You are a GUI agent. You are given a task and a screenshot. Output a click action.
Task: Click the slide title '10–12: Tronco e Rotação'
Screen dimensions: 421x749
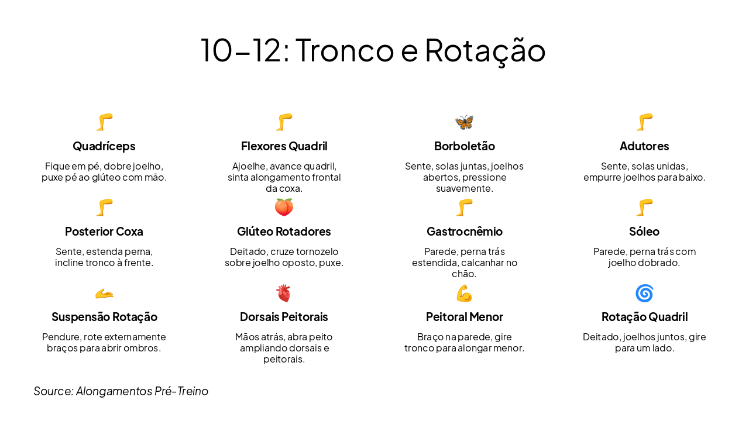(373, 50)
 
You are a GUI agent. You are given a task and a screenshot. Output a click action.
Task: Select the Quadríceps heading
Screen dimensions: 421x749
(104, 146)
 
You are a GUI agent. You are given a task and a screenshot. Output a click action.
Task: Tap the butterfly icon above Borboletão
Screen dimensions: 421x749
(464, 122)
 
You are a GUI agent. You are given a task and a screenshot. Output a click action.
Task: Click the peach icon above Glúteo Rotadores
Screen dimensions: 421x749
(284, 208)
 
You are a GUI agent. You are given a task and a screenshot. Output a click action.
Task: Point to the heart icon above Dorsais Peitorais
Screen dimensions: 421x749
(284, 293)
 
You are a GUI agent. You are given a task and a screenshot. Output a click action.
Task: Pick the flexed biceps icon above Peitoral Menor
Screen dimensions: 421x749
(464, 293)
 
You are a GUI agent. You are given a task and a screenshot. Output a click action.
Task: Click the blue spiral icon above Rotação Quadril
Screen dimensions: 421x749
(644, 293)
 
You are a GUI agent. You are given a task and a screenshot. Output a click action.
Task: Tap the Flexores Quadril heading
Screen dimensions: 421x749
(284, 146)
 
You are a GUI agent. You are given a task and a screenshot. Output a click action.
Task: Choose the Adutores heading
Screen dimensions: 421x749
(644, 146)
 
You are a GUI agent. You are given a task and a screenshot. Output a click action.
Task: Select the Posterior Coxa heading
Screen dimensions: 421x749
(104, 232)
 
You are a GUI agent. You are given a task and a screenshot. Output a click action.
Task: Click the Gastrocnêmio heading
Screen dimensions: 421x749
(464, 232)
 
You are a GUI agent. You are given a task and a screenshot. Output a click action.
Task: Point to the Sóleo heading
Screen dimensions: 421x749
(644, 232)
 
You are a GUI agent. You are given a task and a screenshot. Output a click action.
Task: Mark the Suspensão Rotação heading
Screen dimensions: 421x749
(104, 317)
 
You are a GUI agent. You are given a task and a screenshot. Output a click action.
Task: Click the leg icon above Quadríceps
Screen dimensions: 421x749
(104, 122)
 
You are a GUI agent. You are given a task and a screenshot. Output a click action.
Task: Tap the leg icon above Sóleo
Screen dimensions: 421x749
(644, 208)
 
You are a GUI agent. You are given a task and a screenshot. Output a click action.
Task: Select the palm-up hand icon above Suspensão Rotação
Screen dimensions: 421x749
(104, 293)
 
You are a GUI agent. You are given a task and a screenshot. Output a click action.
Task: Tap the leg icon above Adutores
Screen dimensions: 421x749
(644, 122)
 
